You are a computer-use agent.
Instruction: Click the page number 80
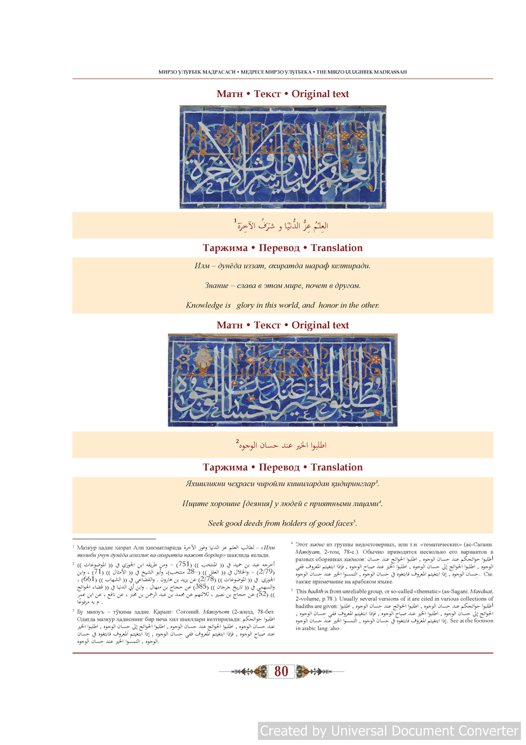(x=281, y=671)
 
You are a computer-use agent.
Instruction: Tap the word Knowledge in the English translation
(x=205, y=305)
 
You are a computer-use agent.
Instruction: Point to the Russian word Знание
(x=217, y=286)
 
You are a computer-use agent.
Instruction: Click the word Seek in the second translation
(x=218, y=523)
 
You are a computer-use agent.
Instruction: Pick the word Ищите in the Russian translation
(x=193, y=503)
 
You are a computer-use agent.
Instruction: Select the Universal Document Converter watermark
(x=389, y=731)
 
